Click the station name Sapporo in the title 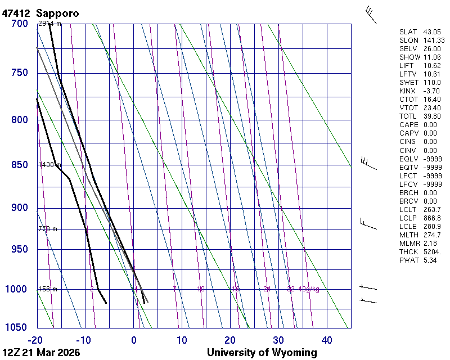57,13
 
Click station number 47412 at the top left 16,13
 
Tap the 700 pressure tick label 19,24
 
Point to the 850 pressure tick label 19,165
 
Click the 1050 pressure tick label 17,328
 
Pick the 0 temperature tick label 134,340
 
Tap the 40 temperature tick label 327,340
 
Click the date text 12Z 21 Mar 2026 40,353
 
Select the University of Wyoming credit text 262,353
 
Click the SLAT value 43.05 430,32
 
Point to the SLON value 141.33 433,40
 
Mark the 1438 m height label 49,165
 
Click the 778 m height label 48,229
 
